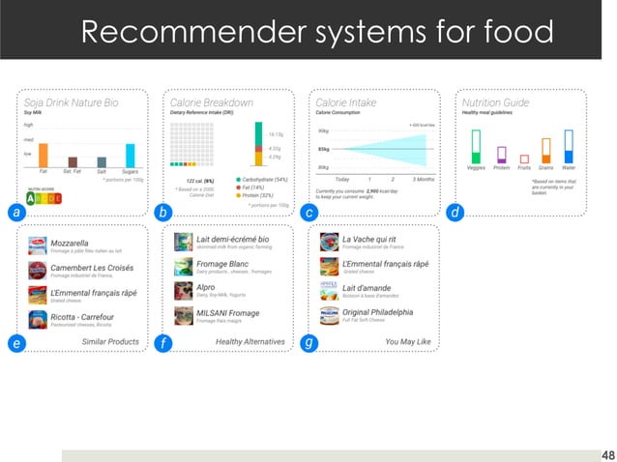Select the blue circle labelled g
[x=308, y=342]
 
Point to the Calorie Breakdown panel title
[x=212, y=101]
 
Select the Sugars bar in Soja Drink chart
[x=130, y=158]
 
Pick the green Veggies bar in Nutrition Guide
[x=476, y=147]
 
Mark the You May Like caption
[x=407, y=341]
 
